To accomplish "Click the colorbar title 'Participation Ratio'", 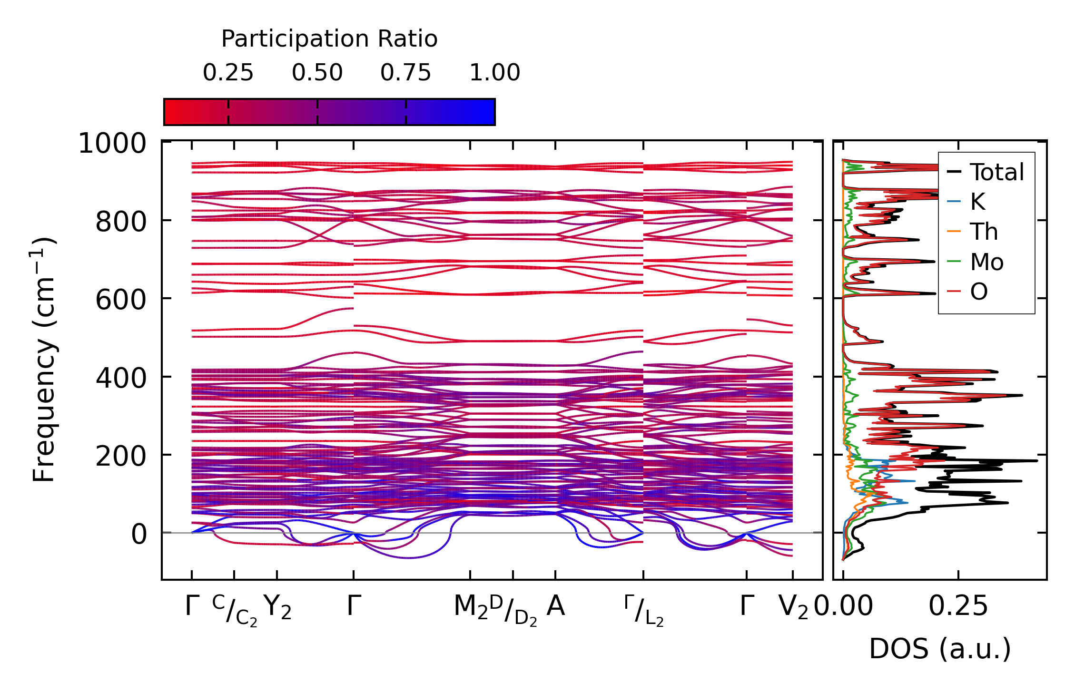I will click(329, 39).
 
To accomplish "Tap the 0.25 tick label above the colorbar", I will click(228, 73).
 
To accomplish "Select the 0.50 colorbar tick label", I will click(317, 73).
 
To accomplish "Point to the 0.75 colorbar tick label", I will click(405, 73).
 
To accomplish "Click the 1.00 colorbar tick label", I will click(494, 73).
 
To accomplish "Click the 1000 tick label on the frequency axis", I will click(112, 143).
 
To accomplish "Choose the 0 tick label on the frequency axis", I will click(139, 534).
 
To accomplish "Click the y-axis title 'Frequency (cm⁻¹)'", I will click(44, 360).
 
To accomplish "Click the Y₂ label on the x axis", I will click(277, 607).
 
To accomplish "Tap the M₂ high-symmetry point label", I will click(471, 607).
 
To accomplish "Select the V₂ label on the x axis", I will click(793, 607).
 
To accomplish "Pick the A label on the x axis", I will click(555, 606).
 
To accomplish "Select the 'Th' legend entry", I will click(984, 232).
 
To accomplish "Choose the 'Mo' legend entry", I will click(986, 262).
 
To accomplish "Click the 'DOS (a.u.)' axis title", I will click(940, 649).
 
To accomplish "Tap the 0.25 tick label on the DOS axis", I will click(958, 606).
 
